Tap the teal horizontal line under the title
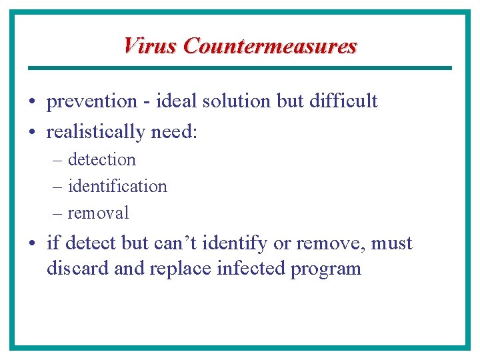click(x=240, y=68)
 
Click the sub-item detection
click(x=102, y=160)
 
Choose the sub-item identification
click(x=117, y=186)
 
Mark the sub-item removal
click(x=98, y=213)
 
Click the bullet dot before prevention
click(x=33, y=102)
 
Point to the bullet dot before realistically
click(x=33, y=133)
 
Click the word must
click(x=391, y=243)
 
